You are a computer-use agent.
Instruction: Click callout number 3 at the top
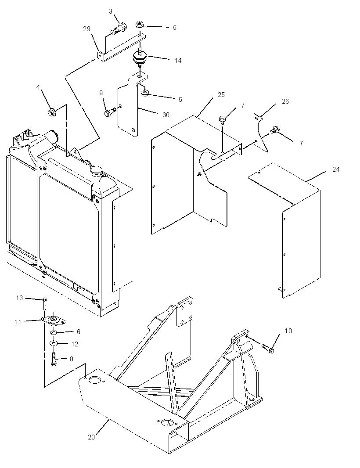pos(111,11)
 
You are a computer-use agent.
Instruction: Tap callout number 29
pos(86,29)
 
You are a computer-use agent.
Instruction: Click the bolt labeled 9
pos(110,112)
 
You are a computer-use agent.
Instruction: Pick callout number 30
pos(166,115)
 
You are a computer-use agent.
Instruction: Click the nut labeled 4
pos(52,112)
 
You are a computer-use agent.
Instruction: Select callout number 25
pos(221,95)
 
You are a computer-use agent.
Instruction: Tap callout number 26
pos(285,101)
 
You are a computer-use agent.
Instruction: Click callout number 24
pos(336,169)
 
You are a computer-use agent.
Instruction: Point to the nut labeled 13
pos(44,299)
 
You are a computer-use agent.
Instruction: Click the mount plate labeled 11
pos(54,320)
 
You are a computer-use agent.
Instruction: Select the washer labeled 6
pos(53,332)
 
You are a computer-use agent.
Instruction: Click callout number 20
pos(91,437)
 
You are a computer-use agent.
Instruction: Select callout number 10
pos(288,331)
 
